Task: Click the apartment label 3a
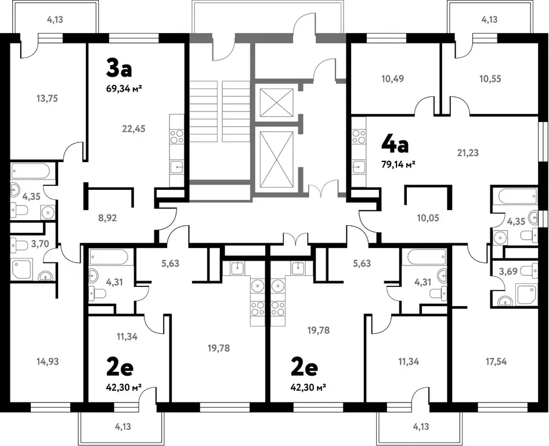click(x=119, y=68)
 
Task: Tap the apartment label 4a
click(x=395, y=145)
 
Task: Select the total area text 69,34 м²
click(x=124, y=88)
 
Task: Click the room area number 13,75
click(x=47, y=99)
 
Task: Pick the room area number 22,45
click(x=133, y=129)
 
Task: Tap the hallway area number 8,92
click(x=107, y=218)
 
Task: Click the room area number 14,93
click(x=48, y=362)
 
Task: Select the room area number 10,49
click(x=392, y=79)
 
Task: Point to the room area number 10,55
click(x=490, y=79)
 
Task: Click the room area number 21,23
click(x=468, y=153)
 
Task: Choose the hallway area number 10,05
click(x=428, y=218)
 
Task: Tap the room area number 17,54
click(x=496, y=362)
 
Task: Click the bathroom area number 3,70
click(x=40, y=243)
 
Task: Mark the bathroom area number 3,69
click(x=508, y=271)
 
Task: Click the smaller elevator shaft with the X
click(x=277, y=102)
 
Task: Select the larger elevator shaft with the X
click(x=277, y=160)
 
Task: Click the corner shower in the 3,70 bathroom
click(x=22, y=269)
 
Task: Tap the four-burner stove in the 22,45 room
click(x=176, y=136)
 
